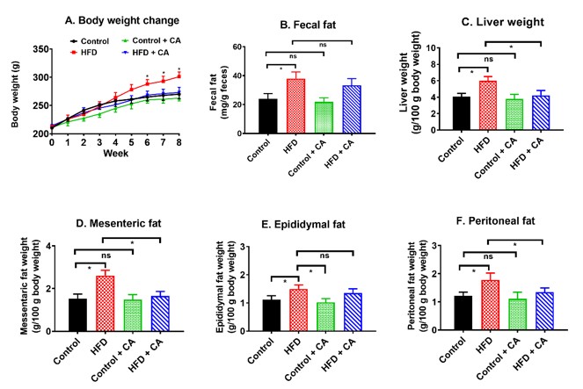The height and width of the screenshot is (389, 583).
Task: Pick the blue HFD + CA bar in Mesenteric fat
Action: (158, 315)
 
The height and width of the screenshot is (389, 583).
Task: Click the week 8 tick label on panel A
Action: (179, 141)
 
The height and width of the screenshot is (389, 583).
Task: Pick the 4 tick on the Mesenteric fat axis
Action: (55, 245)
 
